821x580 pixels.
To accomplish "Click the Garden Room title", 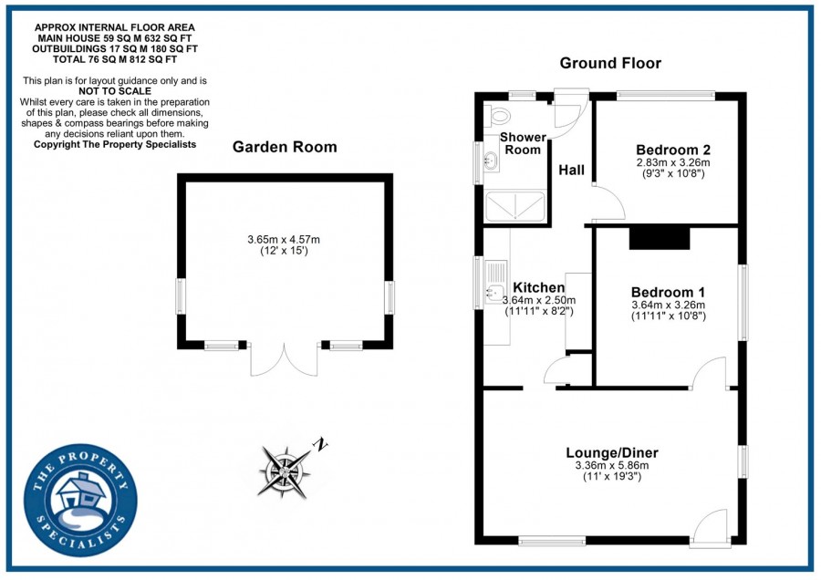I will [284, 147].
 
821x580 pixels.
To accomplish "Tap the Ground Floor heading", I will [610, 63].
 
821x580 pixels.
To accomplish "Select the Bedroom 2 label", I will [673, 150].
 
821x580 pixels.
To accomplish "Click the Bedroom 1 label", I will [668, 293].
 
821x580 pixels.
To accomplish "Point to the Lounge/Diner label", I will [611, 452].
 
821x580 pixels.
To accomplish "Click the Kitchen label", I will [538, 287].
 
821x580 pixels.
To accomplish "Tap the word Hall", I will [571, 171].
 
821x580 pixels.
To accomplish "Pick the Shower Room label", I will [523, 143].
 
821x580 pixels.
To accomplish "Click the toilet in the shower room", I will [499, 117].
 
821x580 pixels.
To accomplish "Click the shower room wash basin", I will [490, 162].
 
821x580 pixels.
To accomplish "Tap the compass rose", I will [285, 469].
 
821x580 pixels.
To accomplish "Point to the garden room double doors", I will [284, 360].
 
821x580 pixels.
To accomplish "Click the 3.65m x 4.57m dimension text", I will [283, 240].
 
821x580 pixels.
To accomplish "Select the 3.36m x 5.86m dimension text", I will [611, 466].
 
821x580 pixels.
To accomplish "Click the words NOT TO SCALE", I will [114, 92].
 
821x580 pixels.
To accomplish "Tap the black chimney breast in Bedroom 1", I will [659, 237].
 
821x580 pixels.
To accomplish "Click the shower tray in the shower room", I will [516, 210].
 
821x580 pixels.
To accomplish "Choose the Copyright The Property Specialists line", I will [114, 144].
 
